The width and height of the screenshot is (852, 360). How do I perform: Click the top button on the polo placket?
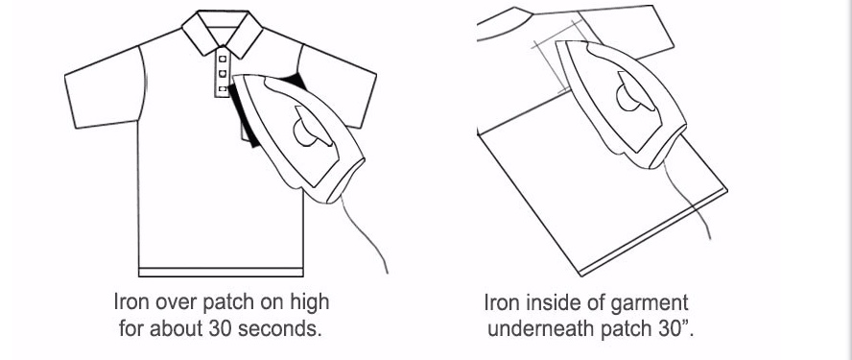click(223, 59)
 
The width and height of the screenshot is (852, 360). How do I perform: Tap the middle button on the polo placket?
click(223, 73)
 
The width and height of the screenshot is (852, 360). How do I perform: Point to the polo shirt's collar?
click(223, 32)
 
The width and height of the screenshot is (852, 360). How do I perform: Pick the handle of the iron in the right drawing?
click(634, 93)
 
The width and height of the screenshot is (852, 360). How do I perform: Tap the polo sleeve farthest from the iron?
click(106, 88)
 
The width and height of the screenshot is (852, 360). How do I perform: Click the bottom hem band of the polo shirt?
click(221, 272)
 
